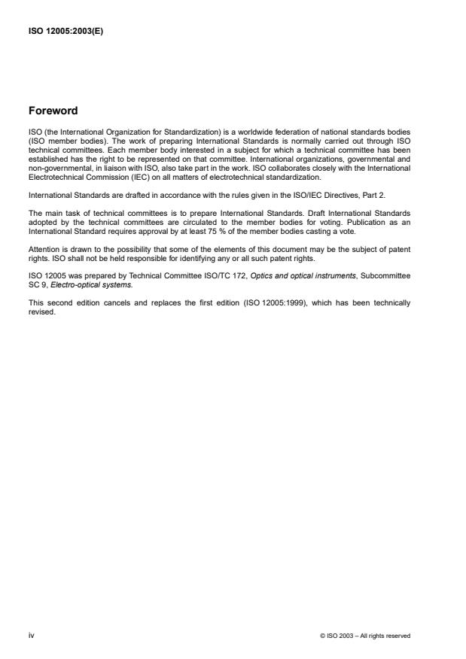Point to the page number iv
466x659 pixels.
click(x=31, y=636)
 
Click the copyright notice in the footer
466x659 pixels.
click(x=365, y=636)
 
